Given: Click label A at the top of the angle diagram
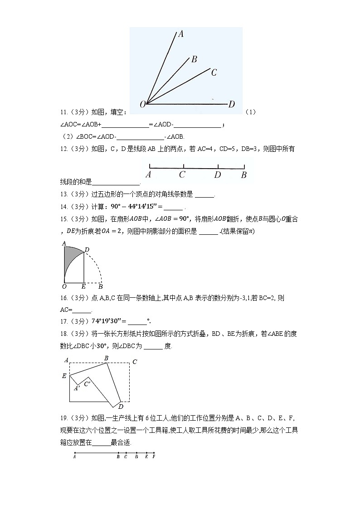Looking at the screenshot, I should [180, 33].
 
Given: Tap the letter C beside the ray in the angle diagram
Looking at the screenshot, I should [214, 72].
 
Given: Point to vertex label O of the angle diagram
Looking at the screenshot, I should [142, 105].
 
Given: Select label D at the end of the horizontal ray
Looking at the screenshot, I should [232, 105].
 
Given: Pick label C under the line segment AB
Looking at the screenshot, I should [182, 175].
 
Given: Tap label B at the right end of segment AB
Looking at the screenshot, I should [243, 175].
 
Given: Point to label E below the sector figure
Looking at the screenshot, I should [83, 287].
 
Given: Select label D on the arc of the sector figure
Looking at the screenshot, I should [87, 250].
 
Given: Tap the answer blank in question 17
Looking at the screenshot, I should [137, 321].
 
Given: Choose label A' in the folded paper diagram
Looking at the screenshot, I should [77, 388].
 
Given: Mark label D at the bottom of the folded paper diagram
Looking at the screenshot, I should [121, 406].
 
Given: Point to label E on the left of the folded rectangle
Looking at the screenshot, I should [64, 376].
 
